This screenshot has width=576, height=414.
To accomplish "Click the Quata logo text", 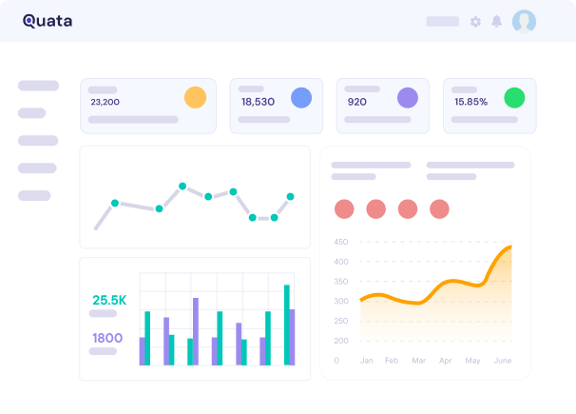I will pos(48,21).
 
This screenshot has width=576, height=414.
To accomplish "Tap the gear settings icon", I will pos(475,22).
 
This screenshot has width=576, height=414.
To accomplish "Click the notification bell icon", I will pos(496,22).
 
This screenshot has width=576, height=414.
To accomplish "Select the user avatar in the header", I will pos(524,21).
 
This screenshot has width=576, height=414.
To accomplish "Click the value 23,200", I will pos(105,102).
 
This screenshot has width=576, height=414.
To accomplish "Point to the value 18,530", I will pos(258,102).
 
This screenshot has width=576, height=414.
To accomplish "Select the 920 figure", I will pos(356,102).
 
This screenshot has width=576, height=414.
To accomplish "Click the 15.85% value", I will pos(470,102).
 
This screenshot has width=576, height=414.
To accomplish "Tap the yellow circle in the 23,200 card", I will pos(195,97).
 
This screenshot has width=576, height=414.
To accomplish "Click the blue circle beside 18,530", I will pos(301,97).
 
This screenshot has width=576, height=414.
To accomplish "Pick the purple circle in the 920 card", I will pos(408,97).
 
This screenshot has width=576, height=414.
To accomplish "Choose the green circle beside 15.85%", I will pos(514,97).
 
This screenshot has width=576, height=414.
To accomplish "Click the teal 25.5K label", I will pos(109,301).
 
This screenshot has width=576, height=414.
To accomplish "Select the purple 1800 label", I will pos(107,338).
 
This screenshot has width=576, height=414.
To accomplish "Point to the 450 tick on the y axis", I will pos(341,242).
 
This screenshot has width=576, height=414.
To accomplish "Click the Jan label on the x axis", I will pos(366,361).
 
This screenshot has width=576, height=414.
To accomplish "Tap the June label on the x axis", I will pos(503,361).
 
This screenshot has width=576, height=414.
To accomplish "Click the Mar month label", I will pos(418,361).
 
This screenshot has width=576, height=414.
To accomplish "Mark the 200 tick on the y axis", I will pos(341,341).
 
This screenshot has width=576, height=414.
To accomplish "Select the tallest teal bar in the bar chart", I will pos(286,325).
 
